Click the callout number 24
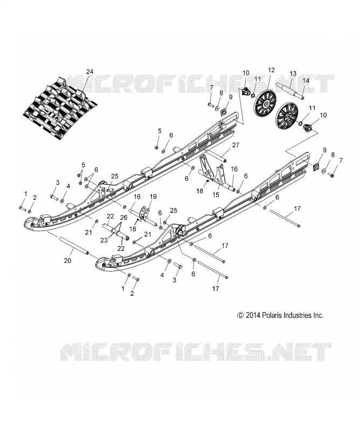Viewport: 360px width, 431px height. click(89, 72)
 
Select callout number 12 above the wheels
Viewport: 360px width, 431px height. click(271, 70)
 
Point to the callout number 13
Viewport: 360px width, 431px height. click(293, 74)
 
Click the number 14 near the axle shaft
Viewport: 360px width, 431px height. click(306, 81)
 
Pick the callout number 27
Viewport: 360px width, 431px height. click(236, 145)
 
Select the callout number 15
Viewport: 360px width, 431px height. click(216, 194)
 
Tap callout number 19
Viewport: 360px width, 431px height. click(153, 197)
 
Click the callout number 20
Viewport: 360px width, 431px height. click(68, 260)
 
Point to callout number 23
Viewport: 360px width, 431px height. click(104, 240)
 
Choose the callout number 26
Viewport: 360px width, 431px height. click(124, 218)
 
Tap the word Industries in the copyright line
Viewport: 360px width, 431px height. click(297, 315)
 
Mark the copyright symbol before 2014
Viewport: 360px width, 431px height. click(240, 315)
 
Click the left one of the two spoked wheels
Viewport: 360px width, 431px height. click(266, 104)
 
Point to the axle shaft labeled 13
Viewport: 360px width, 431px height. click(290, 91)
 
